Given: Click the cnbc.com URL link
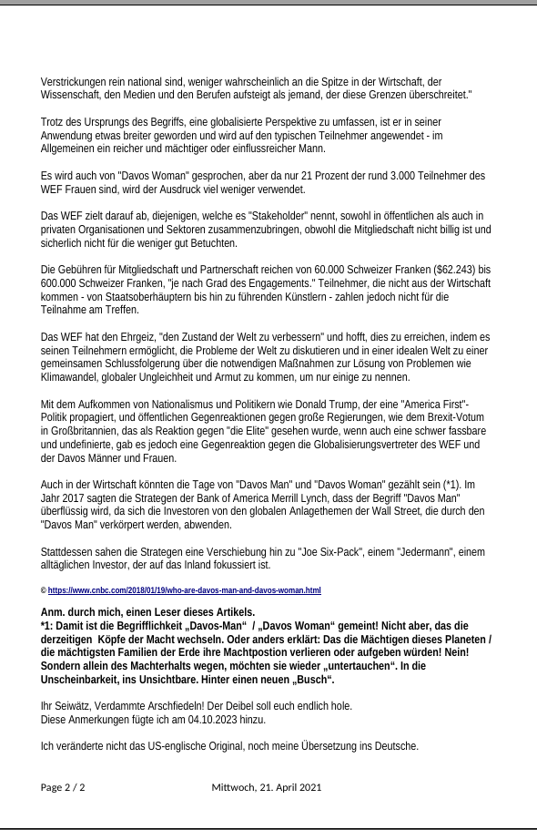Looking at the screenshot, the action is coord(185,590).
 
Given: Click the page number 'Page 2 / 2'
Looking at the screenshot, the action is coord(63,787).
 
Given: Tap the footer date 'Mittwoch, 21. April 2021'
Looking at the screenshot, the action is coord(267,787).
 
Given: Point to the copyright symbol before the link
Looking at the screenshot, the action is coord(44,590).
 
